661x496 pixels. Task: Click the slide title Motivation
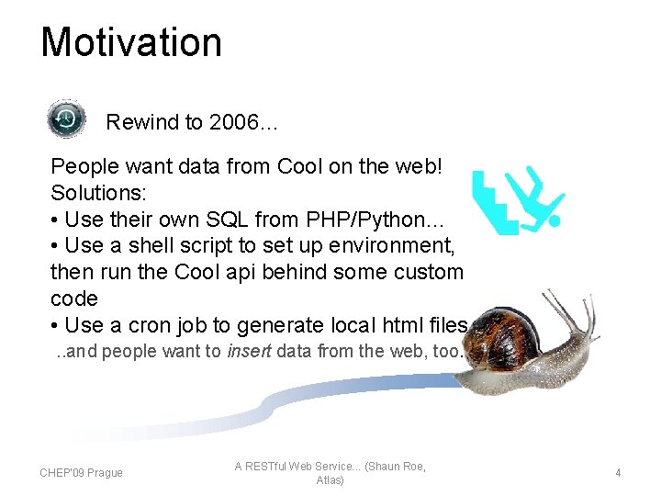[x=131, y=43]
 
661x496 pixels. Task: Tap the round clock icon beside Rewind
[x=66, y=119]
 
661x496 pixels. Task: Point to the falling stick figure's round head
[x=553, y=220]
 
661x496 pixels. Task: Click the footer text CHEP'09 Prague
[x=81, y=473]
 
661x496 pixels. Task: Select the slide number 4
[x=618, y=473]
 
